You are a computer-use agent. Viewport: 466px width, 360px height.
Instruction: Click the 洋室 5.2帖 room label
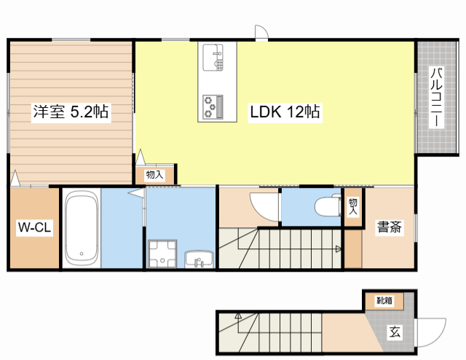pyautogui.click(x=71, y=111)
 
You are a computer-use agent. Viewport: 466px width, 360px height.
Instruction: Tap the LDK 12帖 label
pyautogui.click(x=285, y=112)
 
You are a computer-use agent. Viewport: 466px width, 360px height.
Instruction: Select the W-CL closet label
pyautogui.click(x=34, y=227)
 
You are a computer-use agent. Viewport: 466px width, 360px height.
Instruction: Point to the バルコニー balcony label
pyautogui.click(x=436, y=98)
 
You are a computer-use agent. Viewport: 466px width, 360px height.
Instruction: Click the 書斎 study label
pyautogui.click(x=389, y=227)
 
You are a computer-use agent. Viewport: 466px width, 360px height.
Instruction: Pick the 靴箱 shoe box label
pyautogui.click(x=384, y=300)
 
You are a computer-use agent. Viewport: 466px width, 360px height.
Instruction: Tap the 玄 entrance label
pyautogui.click(x=395, y=332)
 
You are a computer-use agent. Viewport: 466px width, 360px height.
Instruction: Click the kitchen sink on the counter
pyautogui.click(x=213, y=58)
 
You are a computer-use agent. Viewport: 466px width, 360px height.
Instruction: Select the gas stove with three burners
pyautogui.click(x=213, y=107)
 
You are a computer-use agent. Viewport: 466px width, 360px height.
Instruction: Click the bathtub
pyautogui.click(x=82, y=229)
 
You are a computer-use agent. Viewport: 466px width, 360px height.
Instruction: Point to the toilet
pyautogui.click(x=328, y=206)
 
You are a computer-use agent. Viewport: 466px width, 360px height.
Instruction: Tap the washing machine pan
pyautogui.click(x=162, y=254)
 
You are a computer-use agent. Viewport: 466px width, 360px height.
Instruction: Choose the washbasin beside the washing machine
pyautogui.click(x=199, y=259)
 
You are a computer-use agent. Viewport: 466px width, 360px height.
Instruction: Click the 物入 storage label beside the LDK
pyautogui.click(x=154, y=175)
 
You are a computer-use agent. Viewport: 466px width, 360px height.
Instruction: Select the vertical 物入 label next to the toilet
pyautogui.click(x=352, y=206)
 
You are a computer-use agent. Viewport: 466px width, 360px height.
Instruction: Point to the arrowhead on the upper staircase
pyautogui.click(x=339, y=249)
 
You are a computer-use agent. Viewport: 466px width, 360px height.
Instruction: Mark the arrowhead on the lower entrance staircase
pyautogui.click(x=238, y=316)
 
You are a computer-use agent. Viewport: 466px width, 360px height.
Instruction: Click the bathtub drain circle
pyautogui.click(x=82, y=254)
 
